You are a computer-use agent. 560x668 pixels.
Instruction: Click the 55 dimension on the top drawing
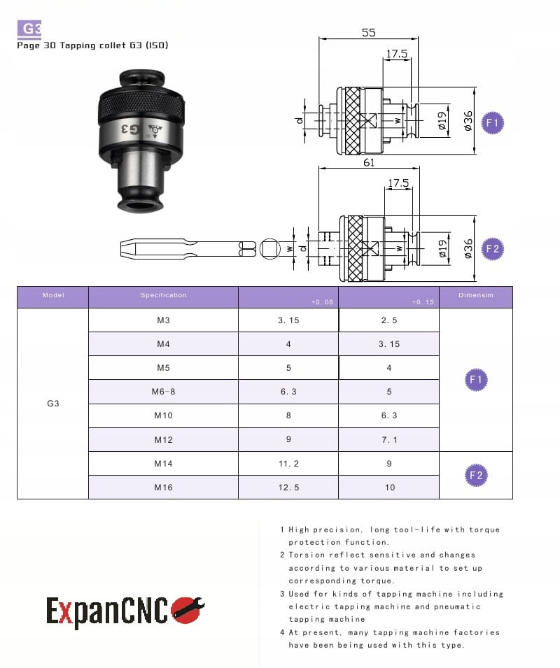(x=369, y=32)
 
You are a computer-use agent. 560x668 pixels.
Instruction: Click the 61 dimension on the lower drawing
(x=369, y=162)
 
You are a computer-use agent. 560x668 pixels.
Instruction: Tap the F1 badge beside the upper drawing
(x=492, y=122)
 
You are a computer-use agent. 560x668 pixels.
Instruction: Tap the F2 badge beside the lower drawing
(x=492, y=249)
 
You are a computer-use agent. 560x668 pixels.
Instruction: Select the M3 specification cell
(x=163, y=320)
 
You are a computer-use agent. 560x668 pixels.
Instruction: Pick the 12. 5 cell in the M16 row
(x=288, y=488)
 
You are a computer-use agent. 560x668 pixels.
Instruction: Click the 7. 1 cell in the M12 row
(x=389, y=440)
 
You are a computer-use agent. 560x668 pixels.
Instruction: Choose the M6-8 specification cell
(x=163, y=392)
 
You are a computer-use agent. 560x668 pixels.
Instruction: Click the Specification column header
(x=163, y=295)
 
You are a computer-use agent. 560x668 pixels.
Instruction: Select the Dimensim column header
(x=476, y=295)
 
